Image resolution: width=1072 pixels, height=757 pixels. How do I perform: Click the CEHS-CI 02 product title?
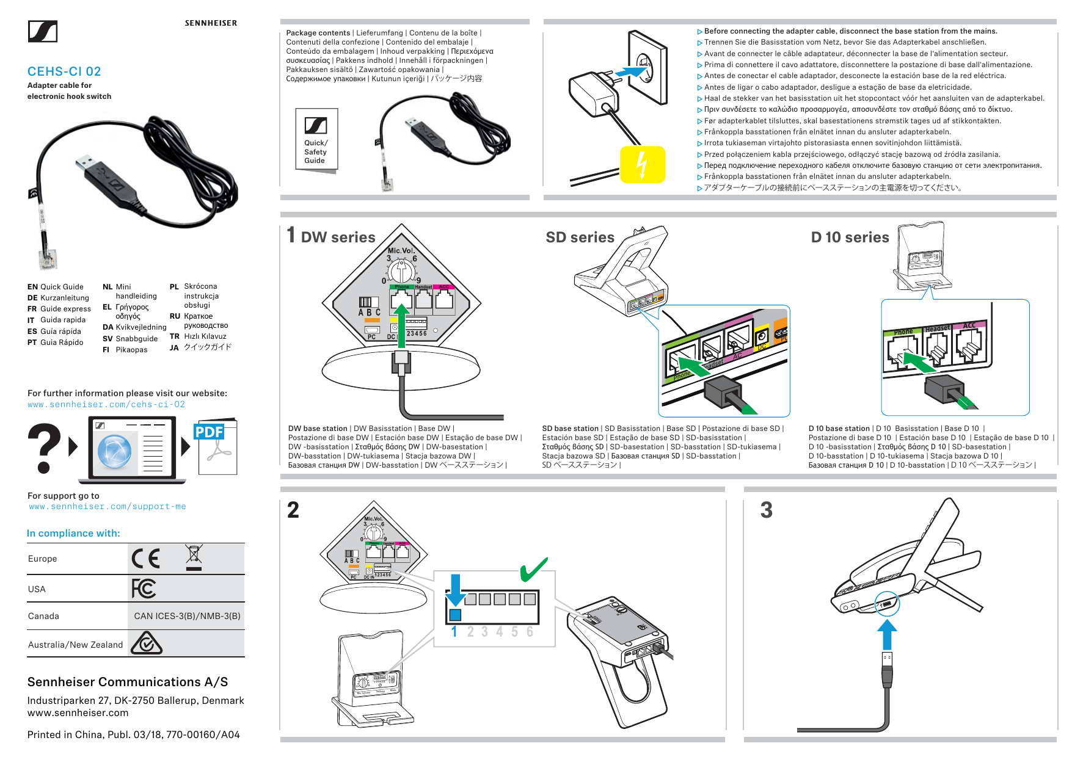click(x=64, y=71)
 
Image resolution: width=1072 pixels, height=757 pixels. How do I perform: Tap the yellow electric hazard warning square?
click(x=642, y=164)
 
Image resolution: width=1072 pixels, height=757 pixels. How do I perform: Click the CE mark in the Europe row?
click(x=146, y=559)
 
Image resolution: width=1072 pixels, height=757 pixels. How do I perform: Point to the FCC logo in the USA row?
click(x=144, y=589)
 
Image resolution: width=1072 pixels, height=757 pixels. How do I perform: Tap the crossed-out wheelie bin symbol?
click(x=194, y=557)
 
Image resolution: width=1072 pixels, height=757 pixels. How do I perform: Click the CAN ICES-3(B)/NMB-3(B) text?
click(x=187, y=616)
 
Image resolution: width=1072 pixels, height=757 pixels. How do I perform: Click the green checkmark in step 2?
click(x=534, y=569)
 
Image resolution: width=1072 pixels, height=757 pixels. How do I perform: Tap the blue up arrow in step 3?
click(x=887, y=635)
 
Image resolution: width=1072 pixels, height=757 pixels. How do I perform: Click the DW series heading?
click(x=338, y=237)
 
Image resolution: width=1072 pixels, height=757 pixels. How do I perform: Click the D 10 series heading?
click(x=850, y=237)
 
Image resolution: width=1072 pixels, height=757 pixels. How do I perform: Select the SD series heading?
click(x=580, y=237)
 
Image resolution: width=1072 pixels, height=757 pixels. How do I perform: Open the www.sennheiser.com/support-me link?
click(x=108, y=507)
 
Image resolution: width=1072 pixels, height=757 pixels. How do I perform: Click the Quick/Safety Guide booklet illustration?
click(x=316, y=140)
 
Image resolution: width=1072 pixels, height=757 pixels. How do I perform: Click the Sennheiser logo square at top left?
click(x=43, y=32)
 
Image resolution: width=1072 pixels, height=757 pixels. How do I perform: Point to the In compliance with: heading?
click(x=73, y=533)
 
